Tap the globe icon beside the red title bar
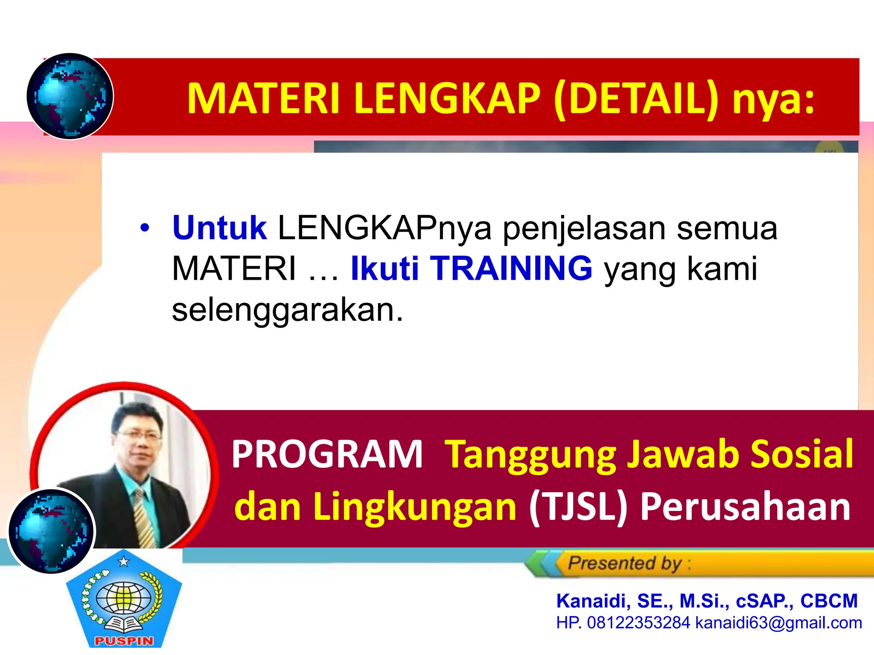pos(70,96)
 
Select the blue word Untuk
pos(219,228)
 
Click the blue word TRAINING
pos(511,269)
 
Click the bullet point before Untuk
pos(145,229)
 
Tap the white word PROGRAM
pos(326,455)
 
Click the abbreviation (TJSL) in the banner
pos(578,507)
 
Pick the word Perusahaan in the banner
pos(745,507)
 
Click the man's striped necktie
pos(144,518)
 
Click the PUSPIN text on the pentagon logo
pos(124,641)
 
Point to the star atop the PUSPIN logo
pos(124,562)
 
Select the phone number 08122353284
pos(638,623)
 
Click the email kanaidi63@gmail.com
pos(778,623)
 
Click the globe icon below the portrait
pos(51,531)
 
